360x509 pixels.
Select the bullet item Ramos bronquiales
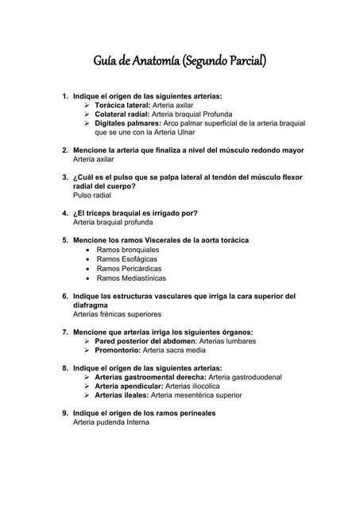[x=127, y=249]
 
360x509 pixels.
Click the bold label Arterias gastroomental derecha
[x=149, y=376]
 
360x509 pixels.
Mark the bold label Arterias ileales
[x=121, y=394]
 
